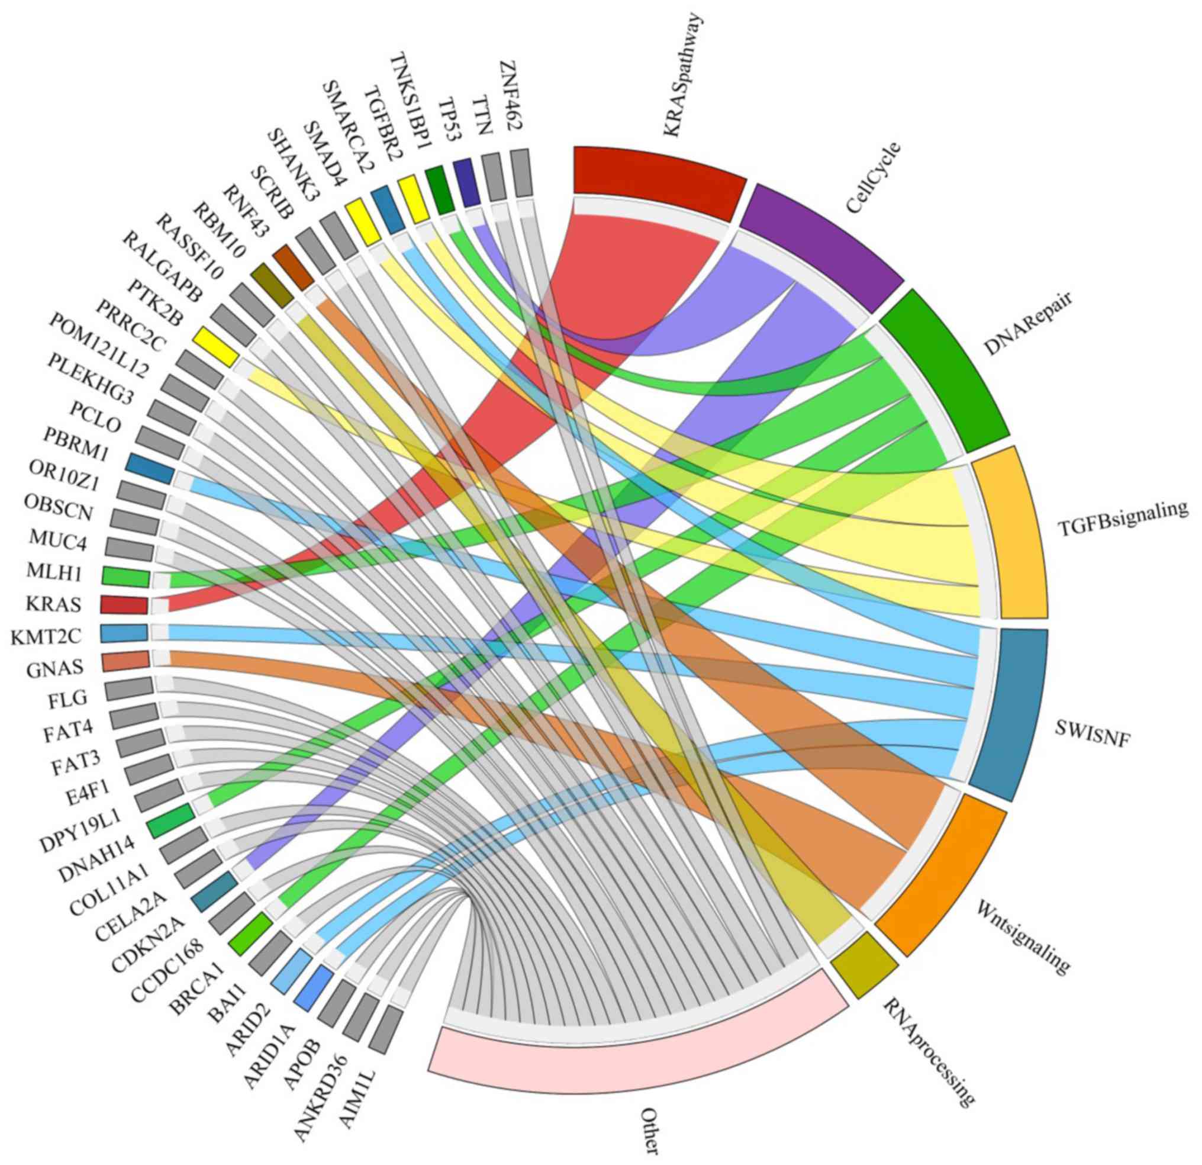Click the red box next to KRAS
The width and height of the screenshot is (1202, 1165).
[124, 604]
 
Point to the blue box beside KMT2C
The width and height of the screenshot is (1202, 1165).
[124, 633]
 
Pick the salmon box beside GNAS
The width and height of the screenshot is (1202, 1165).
[125, 661]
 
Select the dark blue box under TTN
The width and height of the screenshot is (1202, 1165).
[467, 182]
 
